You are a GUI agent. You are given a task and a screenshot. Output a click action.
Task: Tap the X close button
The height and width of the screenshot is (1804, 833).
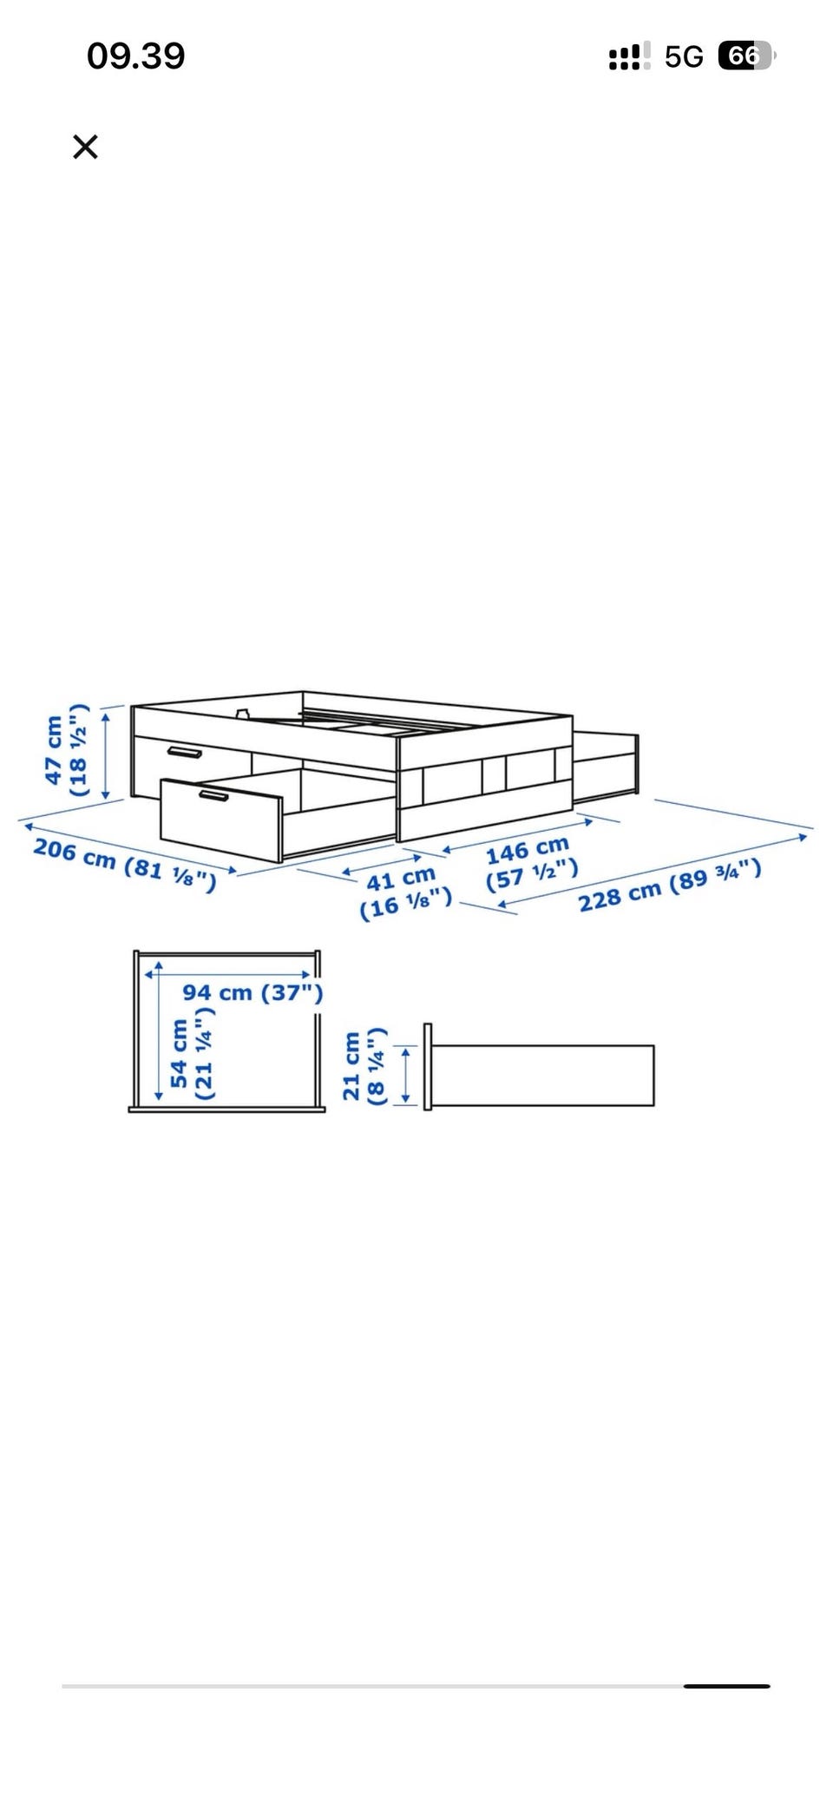85,147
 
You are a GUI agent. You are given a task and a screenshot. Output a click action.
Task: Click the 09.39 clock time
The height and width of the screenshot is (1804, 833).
136,56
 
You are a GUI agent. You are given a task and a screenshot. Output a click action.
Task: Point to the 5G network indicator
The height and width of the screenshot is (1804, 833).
684,57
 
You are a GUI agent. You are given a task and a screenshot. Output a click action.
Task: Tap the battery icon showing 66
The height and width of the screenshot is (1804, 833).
746,56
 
